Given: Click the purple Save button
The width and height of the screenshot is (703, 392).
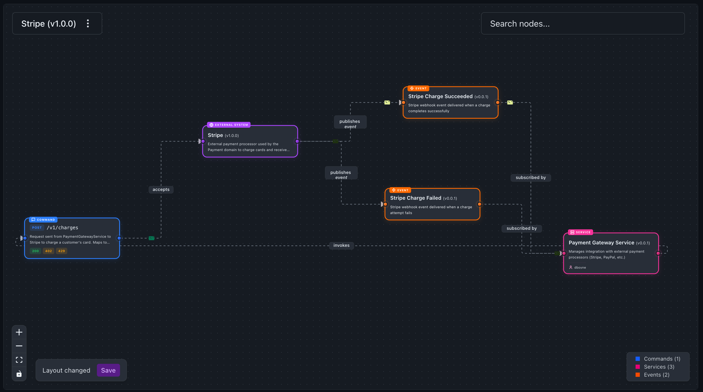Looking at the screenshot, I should click(108, 370).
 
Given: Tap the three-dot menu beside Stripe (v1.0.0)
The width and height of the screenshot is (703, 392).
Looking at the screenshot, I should click(88, 23).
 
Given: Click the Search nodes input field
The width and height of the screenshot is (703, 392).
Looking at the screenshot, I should click(582, 23).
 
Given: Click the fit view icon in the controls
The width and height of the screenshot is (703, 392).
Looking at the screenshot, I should click(19, 360).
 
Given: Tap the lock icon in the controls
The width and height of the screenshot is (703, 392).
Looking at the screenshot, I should click(19, 374).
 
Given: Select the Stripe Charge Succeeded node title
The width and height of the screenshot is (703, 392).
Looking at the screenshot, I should click(440, 96).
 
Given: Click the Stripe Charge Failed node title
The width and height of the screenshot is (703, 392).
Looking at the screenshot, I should click(415, 198).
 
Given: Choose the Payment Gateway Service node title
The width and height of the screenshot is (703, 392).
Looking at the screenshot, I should click(601, 243).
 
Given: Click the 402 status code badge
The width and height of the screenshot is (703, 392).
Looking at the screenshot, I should click(48, 251).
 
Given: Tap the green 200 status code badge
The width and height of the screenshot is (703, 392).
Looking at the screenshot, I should click(35, 251).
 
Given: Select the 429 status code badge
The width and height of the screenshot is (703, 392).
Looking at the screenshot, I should click(61, 251).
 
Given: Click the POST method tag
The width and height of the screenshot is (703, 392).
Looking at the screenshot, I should click(37, 227).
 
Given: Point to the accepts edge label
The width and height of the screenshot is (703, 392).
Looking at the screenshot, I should click(161, 189).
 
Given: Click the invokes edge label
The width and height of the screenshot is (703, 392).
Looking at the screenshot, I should click(341, 245).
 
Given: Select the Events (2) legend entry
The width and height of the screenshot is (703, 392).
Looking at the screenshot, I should click(656, 374).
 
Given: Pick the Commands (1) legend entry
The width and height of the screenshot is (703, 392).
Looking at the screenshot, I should click(662, 359).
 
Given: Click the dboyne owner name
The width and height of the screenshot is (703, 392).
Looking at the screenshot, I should click(580, 267).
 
